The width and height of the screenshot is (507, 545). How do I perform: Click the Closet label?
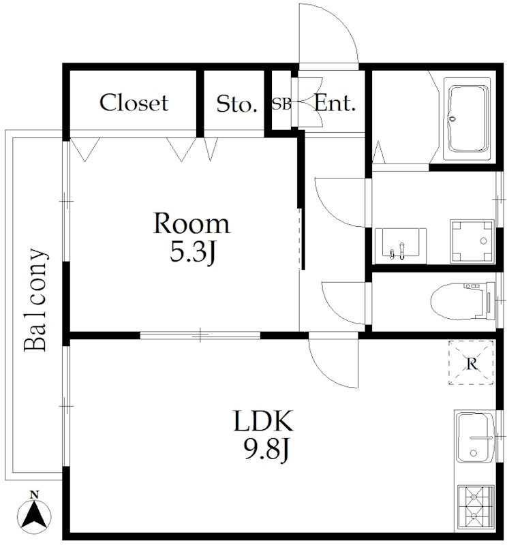pyautogui.click(x=134, y=103)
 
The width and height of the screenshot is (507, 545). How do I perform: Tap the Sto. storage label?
pyautogui.click(x=236, y=104)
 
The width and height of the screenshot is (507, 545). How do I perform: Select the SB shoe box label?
pyautogui.click(x=281, y=104)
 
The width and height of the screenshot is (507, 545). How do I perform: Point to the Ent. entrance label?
pyautogui.click(x=335, y=103)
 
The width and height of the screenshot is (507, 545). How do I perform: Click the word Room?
pyautogui.click(x=191, y=223)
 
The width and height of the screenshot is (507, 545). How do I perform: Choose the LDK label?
pyautogui.click(x=264, y=420)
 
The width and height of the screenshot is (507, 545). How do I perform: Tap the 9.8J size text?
pyautogui.click(x=267, y=449)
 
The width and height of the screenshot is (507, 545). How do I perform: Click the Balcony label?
pyautogui.click(x=35, y=300)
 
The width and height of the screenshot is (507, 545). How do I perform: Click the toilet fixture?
pyautogui.click(x=463, y=300)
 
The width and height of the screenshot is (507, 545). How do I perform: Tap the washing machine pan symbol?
pyautogui.click(x=472, y=241)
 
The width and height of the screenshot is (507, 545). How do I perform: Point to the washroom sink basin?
pyautogui.click(x=401, y=246)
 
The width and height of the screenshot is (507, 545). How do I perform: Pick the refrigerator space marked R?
pyautogui.click(x=471, y=362)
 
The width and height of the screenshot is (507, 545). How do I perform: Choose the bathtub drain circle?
pyautogui.click(x=452, y=119)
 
